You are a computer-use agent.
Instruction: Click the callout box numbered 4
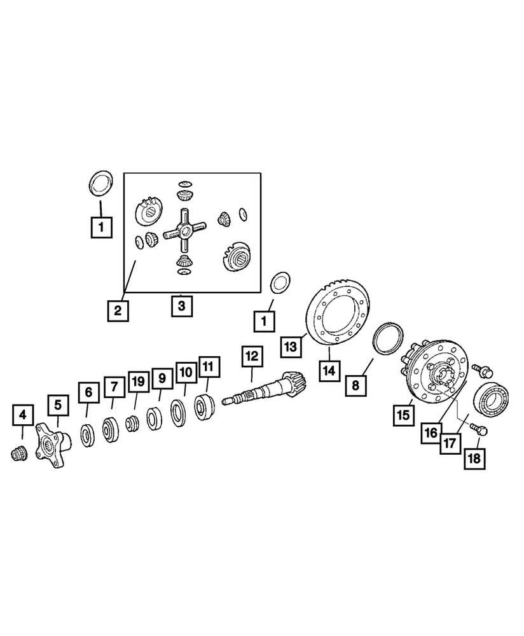click(x=22, y=417)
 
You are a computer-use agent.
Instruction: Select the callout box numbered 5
click(x=57, y=404)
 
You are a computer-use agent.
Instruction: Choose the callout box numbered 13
click(x=291, y=347)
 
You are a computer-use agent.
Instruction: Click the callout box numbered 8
click(x=356, y=385)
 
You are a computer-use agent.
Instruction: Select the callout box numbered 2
click(x=118, y=311)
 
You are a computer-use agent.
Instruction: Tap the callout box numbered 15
click(x=404, y=416)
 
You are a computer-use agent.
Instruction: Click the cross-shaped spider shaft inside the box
click(x=184, y=232)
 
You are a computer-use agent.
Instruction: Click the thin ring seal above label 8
click(x=387, y=338)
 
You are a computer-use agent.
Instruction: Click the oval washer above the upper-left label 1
click(x=99, y=184)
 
